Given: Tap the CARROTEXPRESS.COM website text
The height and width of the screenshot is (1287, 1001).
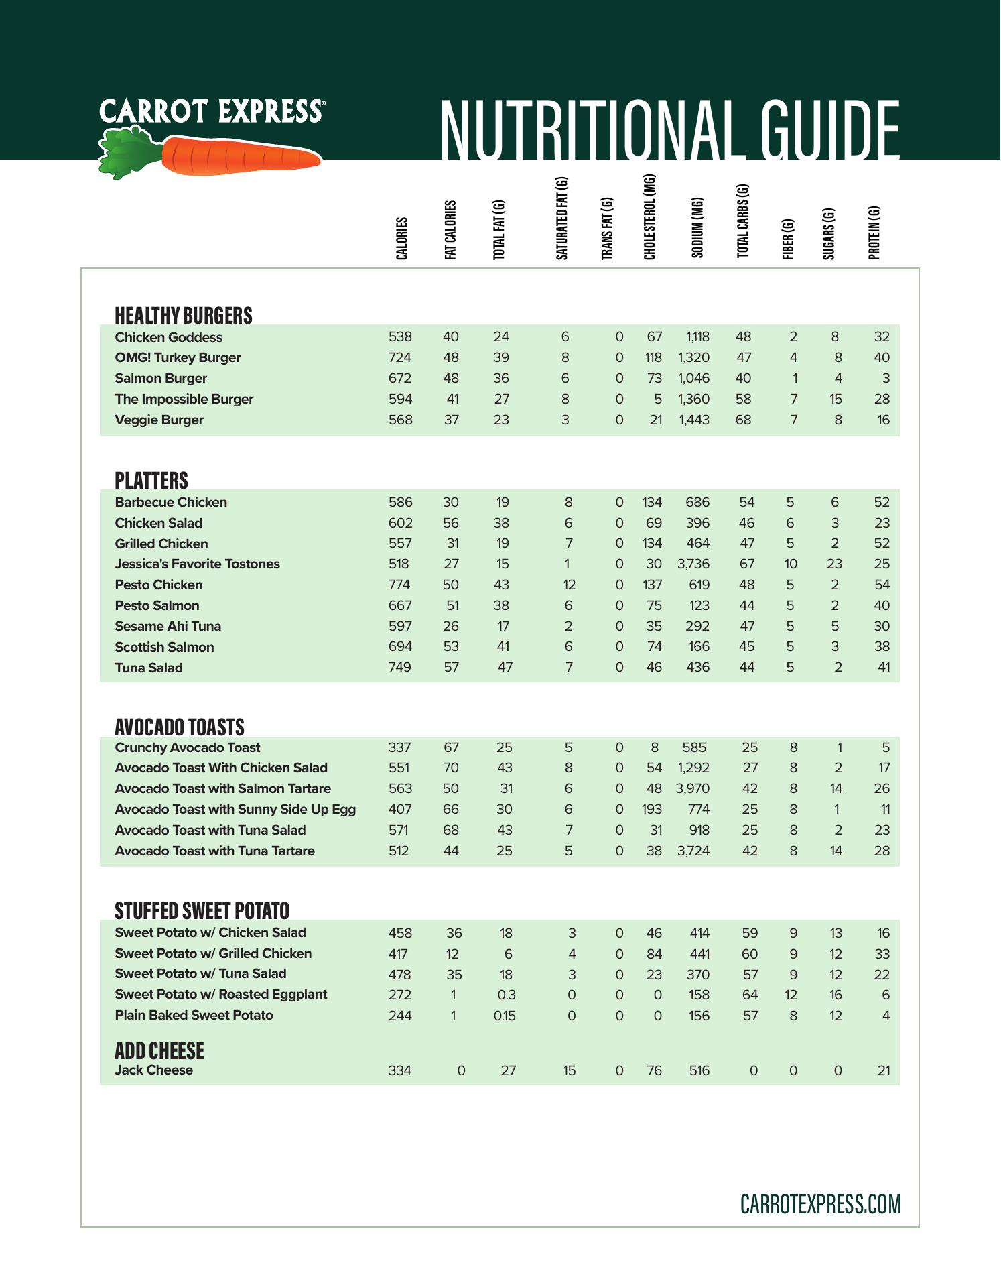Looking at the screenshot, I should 820,1204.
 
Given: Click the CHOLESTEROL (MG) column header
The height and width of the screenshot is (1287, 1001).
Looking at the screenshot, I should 649,217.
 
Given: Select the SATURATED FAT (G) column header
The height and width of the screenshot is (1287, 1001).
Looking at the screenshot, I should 562,219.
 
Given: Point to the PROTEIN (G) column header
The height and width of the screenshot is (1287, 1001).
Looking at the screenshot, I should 874,233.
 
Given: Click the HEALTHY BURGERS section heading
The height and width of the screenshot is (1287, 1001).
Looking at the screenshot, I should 184,315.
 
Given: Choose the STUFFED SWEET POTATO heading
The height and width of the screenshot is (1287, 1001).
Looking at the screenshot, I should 202,910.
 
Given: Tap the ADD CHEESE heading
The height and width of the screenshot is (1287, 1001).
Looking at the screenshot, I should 159,1050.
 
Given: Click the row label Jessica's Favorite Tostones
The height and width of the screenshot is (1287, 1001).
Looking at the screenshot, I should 197,564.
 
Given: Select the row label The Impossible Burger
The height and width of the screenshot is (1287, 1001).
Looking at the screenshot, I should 184,399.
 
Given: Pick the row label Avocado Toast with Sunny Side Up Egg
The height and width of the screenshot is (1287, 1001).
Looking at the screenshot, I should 235,809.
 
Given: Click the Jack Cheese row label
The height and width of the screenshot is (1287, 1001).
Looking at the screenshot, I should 153,1070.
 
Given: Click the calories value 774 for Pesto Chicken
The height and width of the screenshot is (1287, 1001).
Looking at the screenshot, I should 400,585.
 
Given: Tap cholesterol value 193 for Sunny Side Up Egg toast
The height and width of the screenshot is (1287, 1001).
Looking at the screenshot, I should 651,809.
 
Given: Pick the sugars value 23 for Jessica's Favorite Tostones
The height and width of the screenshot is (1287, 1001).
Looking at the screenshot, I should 834,564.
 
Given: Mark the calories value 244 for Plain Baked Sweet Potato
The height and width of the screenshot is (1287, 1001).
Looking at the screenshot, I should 400,1016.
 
